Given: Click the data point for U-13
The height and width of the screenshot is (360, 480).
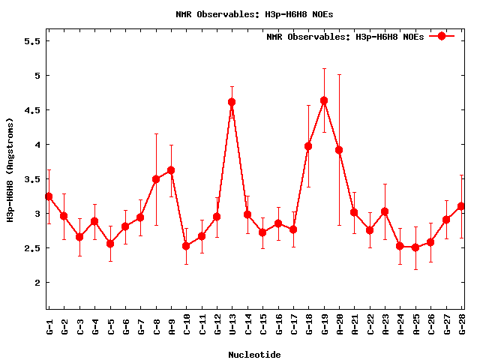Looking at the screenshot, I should point(232,102).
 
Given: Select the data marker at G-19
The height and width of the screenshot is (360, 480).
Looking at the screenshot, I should point(324,100).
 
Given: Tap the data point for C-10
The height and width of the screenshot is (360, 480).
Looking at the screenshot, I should point(186,246).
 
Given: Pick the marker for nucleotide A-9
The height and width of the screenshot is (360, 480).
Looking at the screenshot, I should point(171,170).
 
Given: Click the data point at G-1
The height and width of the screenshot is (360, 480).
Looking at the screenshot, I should point(49,196).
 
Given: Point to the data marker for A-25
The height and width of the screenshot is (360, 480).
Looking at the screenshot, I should point(415,247).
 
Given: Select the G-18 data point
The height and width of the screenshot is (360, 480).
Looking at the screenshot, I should point(308,146).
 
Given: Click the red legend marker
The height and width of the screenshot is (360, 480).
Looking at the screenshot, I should point(442,36).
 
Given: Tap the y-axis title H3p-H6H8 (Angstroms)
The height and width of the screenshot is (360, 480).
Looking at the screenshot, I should point(11,170).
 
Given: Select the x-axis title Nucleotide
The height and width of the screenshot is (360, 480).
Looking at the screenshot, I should point(255,355).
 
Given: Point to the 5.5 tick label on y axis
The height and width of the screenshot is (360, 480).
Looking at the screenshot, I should point(33,41).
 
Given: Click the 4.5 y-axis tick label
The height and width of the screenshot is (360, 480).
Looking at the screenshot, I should point(33,110).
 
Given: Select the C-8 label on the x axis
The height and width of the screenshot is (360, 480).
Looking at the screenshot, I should point(156,327).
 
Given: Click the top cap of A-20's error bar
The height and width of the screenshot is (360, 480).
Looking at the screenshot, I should point(339,74).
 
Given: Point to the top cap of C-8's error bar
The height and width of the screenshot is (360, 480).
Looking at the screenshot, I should point(156,133).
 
